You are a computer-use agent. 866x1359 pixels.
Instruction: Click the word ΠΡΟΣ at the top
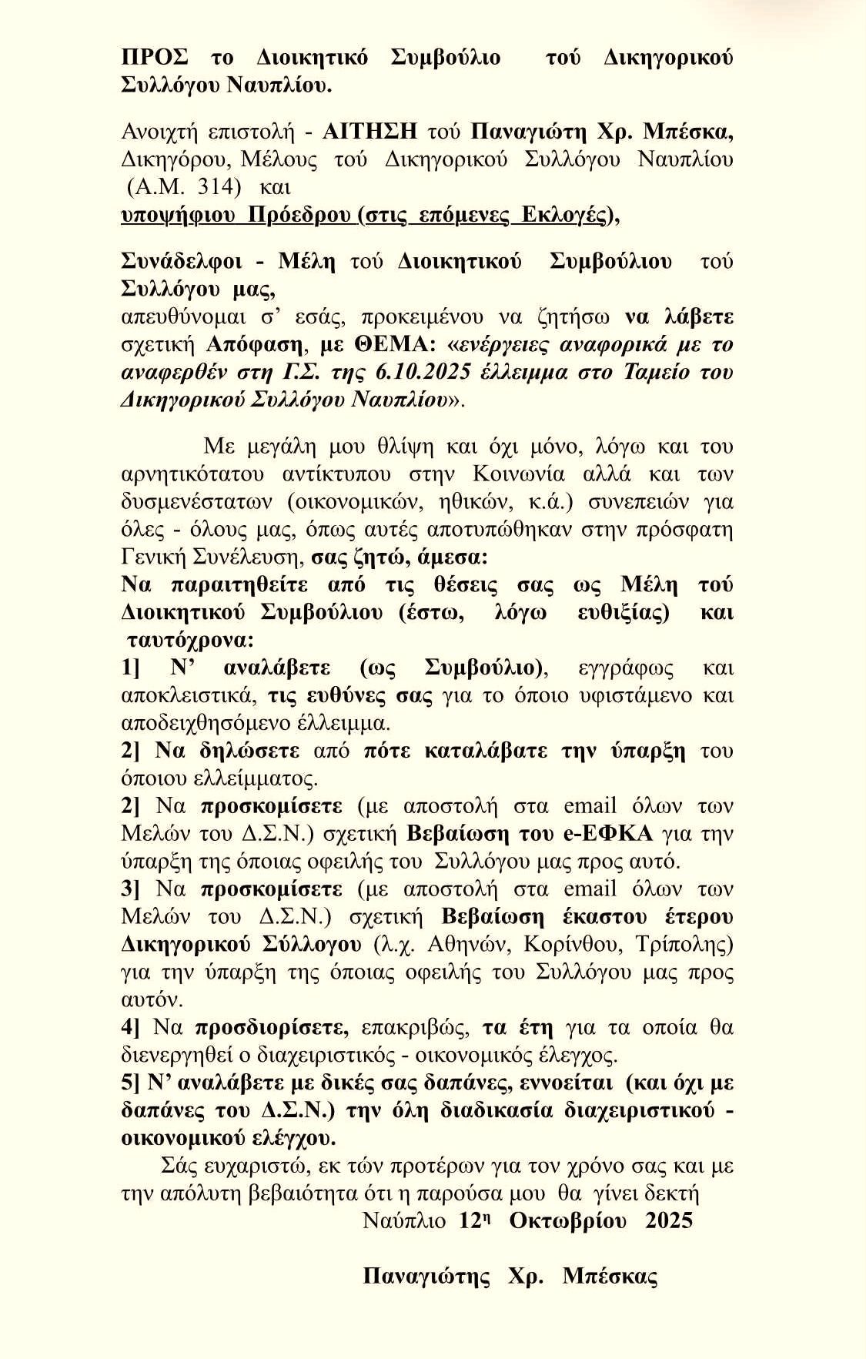pos(155,58)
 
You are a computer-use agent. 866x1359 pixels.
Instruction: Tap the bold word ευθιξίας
pos(623,612)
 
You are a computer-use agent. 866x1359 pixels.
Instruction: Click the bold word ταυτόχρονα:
pos(191,640)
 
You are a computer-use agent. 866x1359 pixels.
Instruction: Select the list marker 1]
pos(132,668)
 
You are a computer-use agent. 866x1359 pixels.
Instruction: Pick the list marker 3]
pos(131,889)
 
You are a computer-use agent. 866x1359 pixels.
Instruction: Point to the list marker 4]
pos(131,1028)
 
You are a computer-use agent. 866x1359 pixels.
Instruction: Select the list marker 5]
pos(131,1083)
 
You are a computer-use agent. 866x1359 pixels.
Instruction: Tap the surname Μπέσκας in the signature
pos(610,1277)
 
